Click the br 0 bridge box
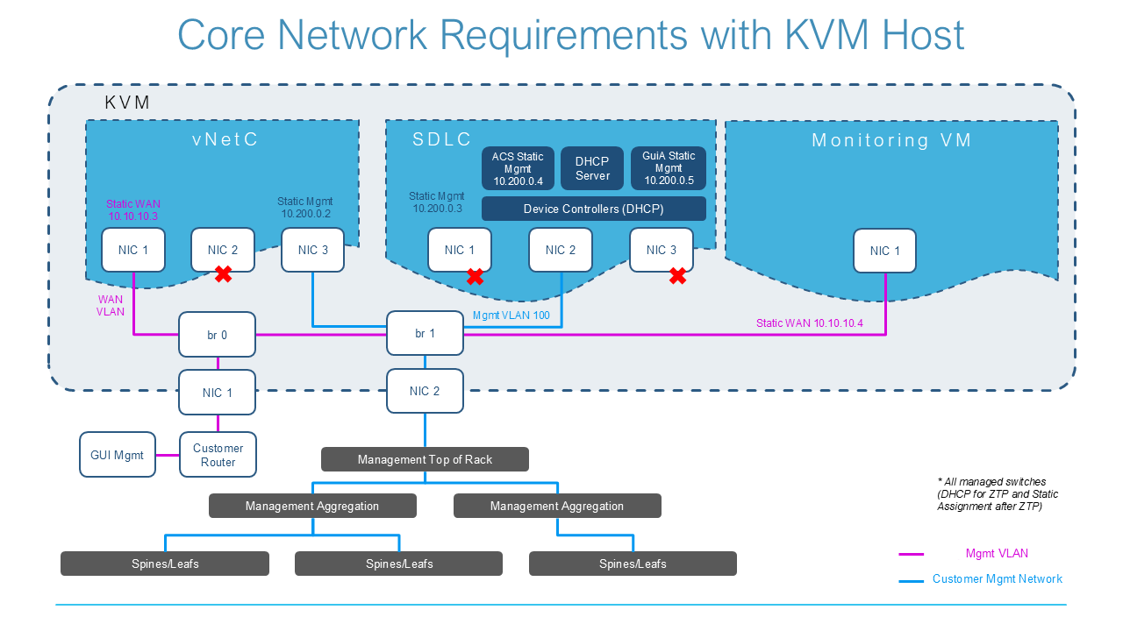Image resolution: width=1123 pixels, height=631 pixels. [217, 334]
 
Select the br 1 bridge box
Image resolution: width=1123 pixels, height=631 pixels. [425, 334]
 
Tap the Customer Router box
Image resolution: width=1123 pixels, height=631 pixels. [218, 454]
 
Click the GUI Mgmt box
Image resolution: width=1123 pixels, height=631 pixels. [118, 454]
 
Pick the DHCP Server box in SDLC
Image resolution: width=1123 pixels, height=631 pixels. [592, 168]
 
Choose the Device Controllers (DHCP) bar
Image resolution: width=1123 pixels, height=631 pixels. [594, 209]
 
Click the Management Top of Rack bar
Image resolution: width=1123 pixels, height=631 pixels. [425, 459]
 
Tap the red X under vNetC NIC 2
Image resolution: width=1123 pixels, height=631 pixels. [223, 275]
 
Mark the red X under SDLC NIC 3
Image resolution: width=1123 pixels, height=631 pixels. [677, 276]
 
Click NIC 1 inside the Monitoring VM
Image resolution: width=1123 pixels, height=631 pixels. [884, 251]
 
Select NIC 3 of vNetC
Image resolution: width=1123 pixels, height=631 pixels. [313, 250]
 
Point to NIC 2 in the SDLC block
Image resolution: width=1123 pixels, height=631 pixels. [561, 250]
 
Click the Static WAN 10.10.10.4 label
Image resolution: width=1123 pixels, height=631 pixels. [810, 323]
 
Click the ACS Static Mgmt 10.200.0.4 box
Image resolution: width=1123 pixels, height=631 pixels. [518, 168]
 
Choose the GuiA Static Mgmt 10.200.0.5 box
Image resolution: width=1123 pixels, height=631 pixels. [669, 168]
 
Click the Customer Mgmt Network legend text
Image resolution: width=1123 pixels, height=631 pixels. [997, 579]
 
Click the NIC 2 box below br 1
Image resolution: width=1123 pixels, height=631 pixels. [425, 391]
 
